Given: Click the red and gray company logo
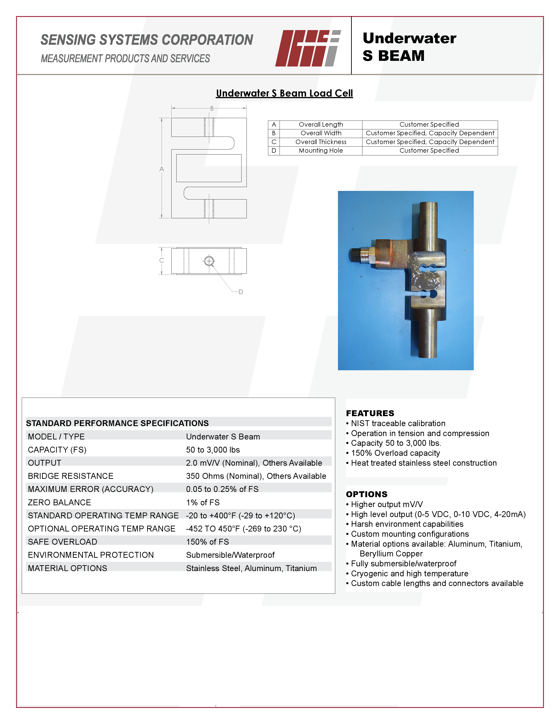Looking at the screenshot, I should tap(308, 48).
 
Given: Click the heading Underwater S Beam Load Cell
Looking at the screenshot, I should tap(284, 93).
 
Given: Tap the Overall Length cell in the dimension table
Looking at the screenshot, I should tap(321, 125).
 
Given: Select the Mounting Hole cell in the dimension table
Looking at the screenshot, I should tap(321, 150).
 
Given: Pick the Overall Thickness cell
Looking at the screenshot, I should tap(321, 142).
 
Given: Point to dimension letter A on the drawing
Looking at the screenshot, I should tap(162, 169).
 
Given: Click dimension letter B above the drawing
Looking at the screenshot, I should tap(212, 108).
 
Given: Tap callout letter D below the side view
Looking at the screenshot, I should tap(241, 292).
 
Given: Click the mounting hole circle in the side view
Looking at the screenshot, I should tap(209, 261).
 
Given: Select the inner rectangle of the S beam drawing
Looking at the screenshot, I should tap(209, 168).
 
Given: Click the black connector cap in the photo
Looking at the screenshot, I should tap(355, 255).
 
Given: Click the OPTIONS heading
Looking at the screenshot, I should tap(367, 494).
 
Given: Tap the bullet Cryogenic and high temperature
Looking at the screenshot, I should tap(409, 574).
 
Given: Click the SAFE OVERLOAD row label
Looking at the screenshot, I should tap(62, 542).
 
